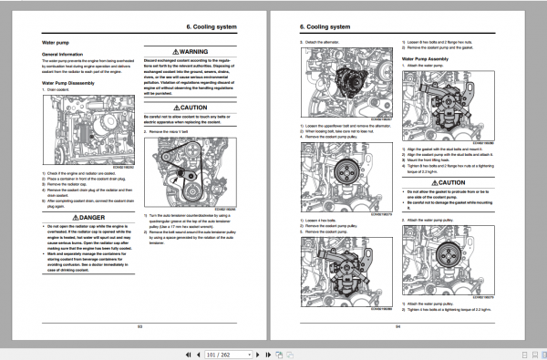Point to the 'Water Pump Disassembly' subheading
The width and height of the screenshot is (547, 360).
click(73, 83)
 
